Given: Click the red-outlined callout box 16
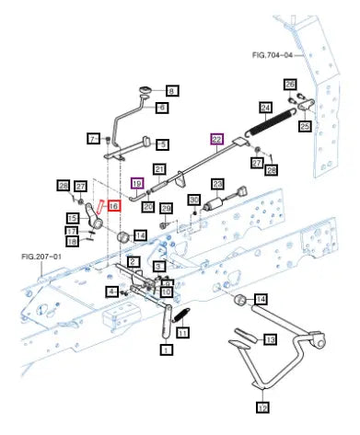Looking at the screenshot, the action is pos(113,206).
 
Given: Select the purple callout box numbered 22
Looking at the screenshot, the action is pos(216,140).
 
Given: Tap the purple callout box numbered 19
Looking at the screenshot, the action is pos(137,183).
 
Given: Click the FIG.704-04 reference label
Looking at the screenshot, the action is pos(273,55).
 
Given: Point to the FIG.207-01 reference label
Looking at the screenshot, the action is pos(41,257).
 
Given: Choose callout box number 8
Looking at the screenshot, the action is pos(172,91).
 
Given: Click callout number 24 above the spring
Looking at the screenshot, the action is pos(266,108).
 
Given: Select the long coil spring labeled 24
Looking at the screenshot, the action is pos(271,121).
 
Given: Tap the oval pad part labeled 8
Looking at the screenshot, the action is pos(145,90).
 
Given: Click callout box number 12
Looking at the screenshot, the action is pos(262,407).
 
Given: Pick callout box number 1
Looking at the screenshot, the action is pos(167,349).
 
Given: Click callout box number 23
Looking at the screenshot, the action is pos(217,184).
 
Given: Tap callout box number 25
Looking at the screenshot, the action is pos(305,126).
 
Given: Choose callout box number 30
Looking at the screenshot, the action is pos(194,200).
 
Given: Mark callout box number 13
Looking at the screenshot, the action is pos(270,339).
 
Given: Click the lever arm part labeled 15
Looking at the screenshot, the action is pos(94,216).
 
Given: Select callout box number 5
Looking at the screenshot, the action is pos(163,144).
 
